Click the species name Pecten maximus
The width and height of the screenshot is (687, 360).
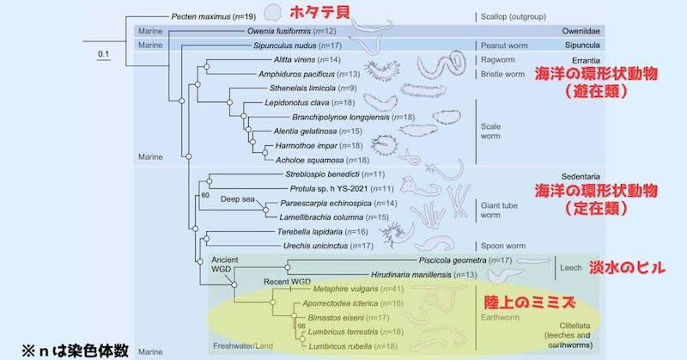[x=203, y=15]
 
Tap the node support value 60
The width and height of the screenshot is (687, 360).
[x=205, y=195]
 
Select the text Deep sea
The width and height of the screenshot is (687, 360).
[x=237, y=199]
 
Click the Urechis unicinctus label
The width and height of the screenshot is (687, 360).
[x=313, y=246]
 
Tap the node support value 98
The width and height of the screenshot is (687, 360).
[x=301, y=325]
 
